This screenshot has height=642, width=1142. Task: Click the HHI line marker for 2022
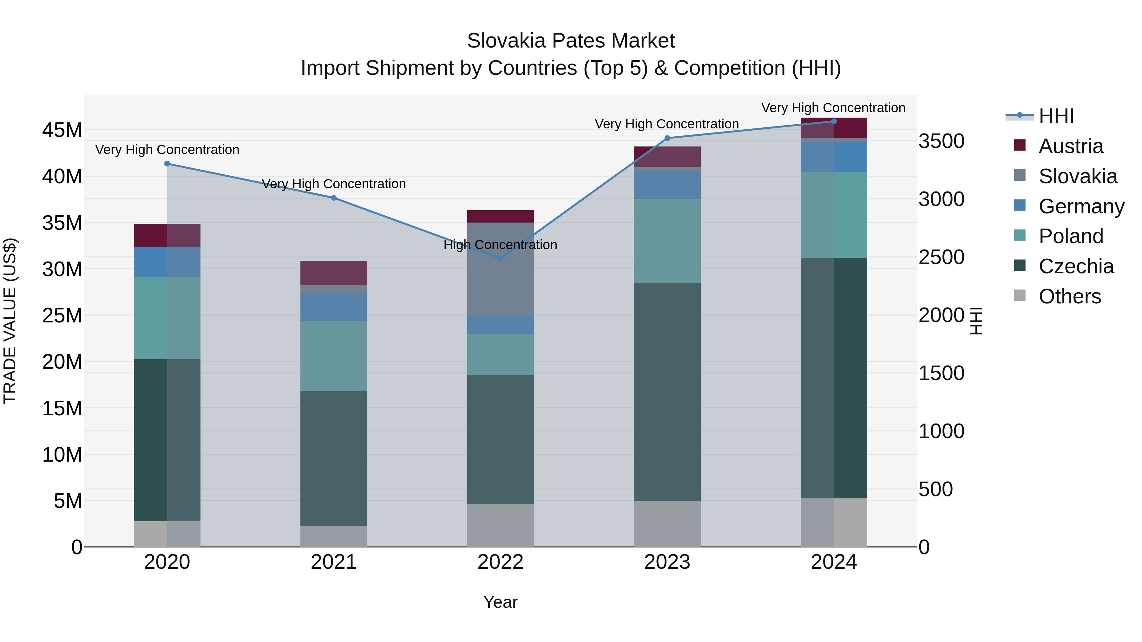coord(501,258)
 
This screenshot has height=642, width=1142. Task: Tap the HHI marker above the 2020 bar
coord(167,164)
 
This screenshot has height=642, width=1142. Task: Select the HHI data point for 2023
coord(667,138)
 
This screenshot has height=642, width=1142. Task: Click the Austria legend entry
coord(1070,146)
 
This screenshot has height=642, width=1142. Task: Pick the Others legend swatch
coord(1020,295)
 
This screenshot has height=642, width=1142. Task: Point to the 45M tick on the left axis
coord(62,130)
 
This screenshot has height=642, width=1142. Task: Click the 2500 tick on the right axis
coord(941,257)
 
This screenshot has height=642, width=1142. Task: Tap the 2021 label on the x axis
coord(333,562)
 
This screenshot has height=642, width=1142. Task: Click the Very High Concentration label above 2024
coord(833,108)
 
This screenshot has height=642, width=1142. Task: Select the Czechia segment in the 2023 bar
coord(667,392)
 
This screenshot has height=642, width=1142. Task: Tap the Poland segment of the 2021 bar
coord(333,356)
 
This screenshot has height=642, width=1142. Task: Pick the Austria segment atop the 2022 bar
coord(501,216)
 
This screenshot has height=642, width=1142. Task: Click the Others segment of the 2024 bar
coord(833,522)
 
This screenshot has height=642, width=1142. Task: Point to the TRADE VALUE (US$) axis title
coord(10,321)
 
